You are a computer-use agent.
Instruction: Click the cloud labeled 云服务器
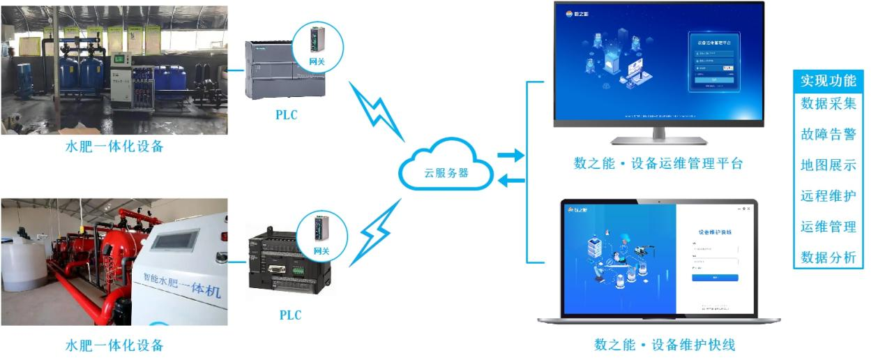pos(446,171)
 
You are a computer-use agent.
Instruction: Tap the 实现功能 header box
pos(828,80)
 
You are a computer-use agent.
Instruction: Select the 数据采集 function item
pos(828,103)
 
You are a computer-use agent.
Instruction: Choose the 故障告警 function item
pos(828,134)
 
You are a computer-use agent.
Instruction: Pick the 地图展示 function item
pos(828,165)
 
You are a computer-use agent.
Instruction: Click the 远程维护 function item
pos(828,196)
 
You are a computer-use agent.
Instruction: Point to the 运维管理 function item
pos(828,227)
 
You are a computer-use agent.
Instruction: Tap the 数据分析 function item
pos(828,257)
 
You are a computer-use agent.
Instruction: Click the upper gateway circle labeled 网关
pos(317,47)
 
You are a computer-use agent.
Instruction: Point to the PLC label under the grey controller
pos(286,115)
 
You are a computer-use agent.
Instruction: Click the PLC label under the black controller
pos(290,315)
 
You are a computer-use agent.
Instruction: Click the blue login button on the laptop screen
pos(715,278)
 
